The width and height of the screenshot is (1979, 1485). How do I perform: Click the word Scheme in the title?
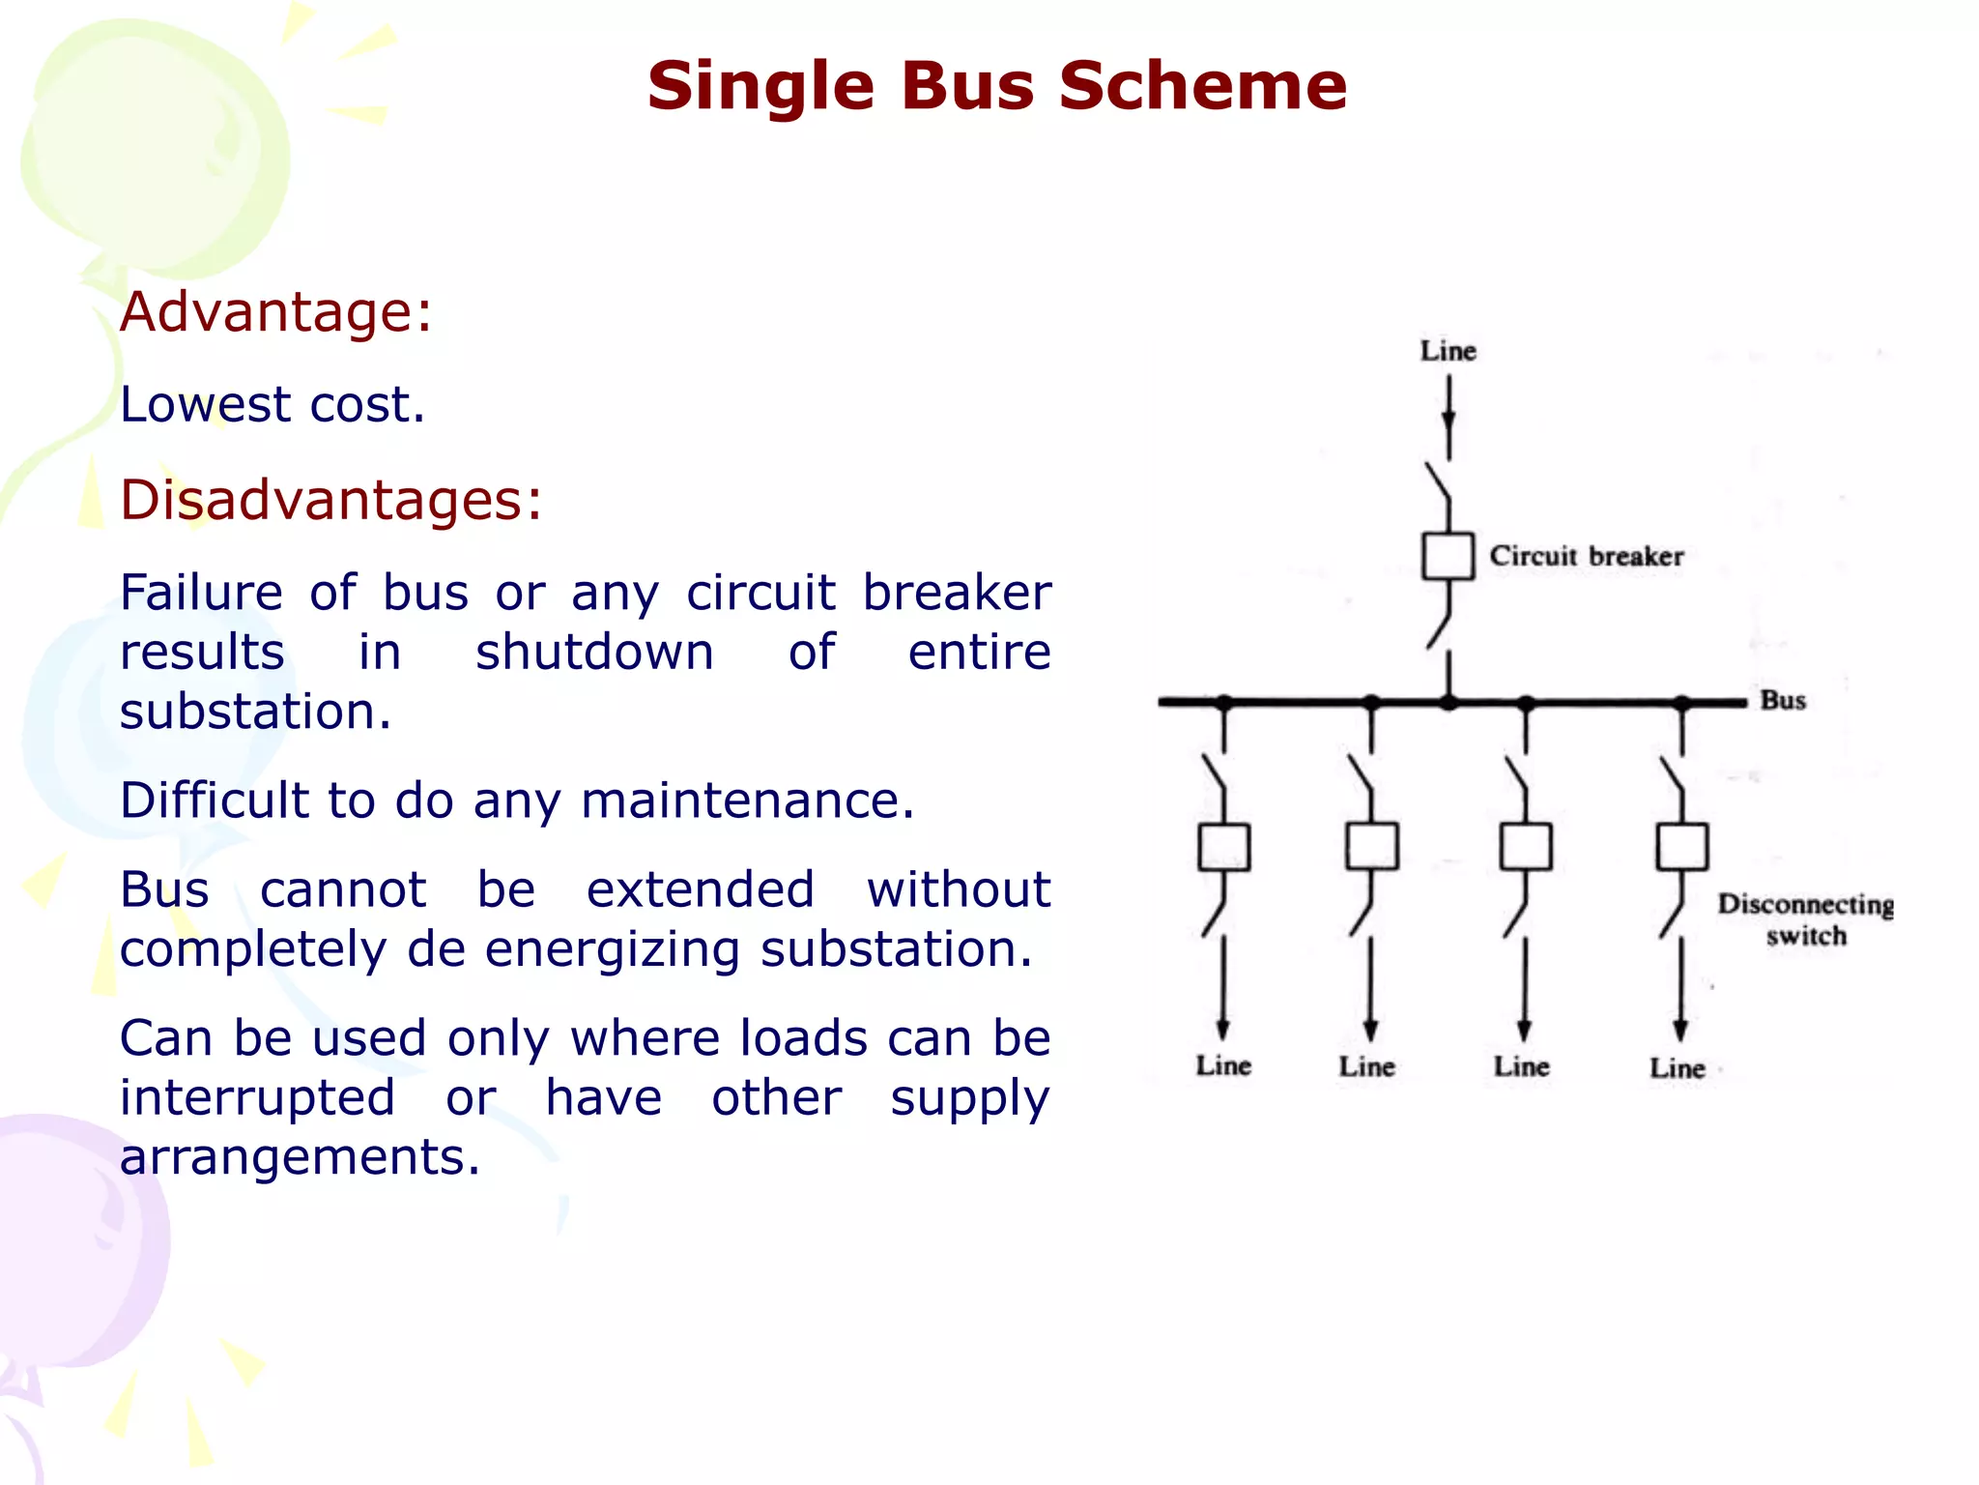[x=1202, y=85]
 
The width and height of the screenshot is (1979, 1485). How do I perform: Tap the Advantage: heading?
[x=275, y=312]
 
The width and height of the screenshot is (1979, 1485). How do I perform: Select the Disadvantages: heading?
[x=330, y=500]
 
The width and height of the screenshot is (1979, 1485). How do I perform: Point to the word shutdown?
[x=594, y=652]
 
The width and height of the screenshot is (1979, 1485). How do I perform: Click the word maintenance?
[x=746, y=801]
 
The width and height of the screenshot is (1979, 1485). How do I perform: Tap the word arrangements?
[x=299, y=1157]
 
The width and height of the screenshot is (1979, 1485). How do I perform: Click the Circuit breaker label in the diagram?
[x=1586, y=556]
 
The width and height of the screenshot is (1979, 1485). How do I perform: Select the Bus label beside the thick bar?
[x=1782, y=700]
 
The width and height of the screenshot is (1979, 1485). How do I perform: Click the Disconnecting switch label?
[x=1805, y=919]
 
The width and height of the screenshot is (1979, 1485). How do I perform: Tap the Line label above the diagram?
[x=1448, y=351]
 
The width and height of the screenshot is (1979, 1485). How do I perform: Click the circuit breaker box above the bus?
[x=1448, y=556]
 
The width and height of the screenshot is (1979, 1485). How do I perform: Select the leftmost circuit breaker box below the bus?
[x=1223, y=847]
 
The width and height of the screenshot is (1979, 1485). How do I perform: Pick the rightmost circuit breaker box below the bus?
[x=1681, y=847]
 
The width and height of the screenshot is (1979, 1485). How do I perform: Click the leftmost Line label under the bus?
[x=1223, y=1065]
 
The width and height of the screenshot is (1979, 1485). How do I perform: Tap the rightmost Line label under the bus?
[x=1677, y=1067]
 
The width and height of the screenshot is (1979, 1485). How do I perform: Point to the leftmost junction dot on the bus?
[x=1223, y=702]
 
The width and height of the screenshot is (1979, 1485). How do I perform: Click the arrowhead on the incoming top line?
[x=1448, y=420]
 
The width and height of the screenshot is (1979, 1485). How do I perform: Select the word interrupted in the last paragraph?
[x=257, y=1098]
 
